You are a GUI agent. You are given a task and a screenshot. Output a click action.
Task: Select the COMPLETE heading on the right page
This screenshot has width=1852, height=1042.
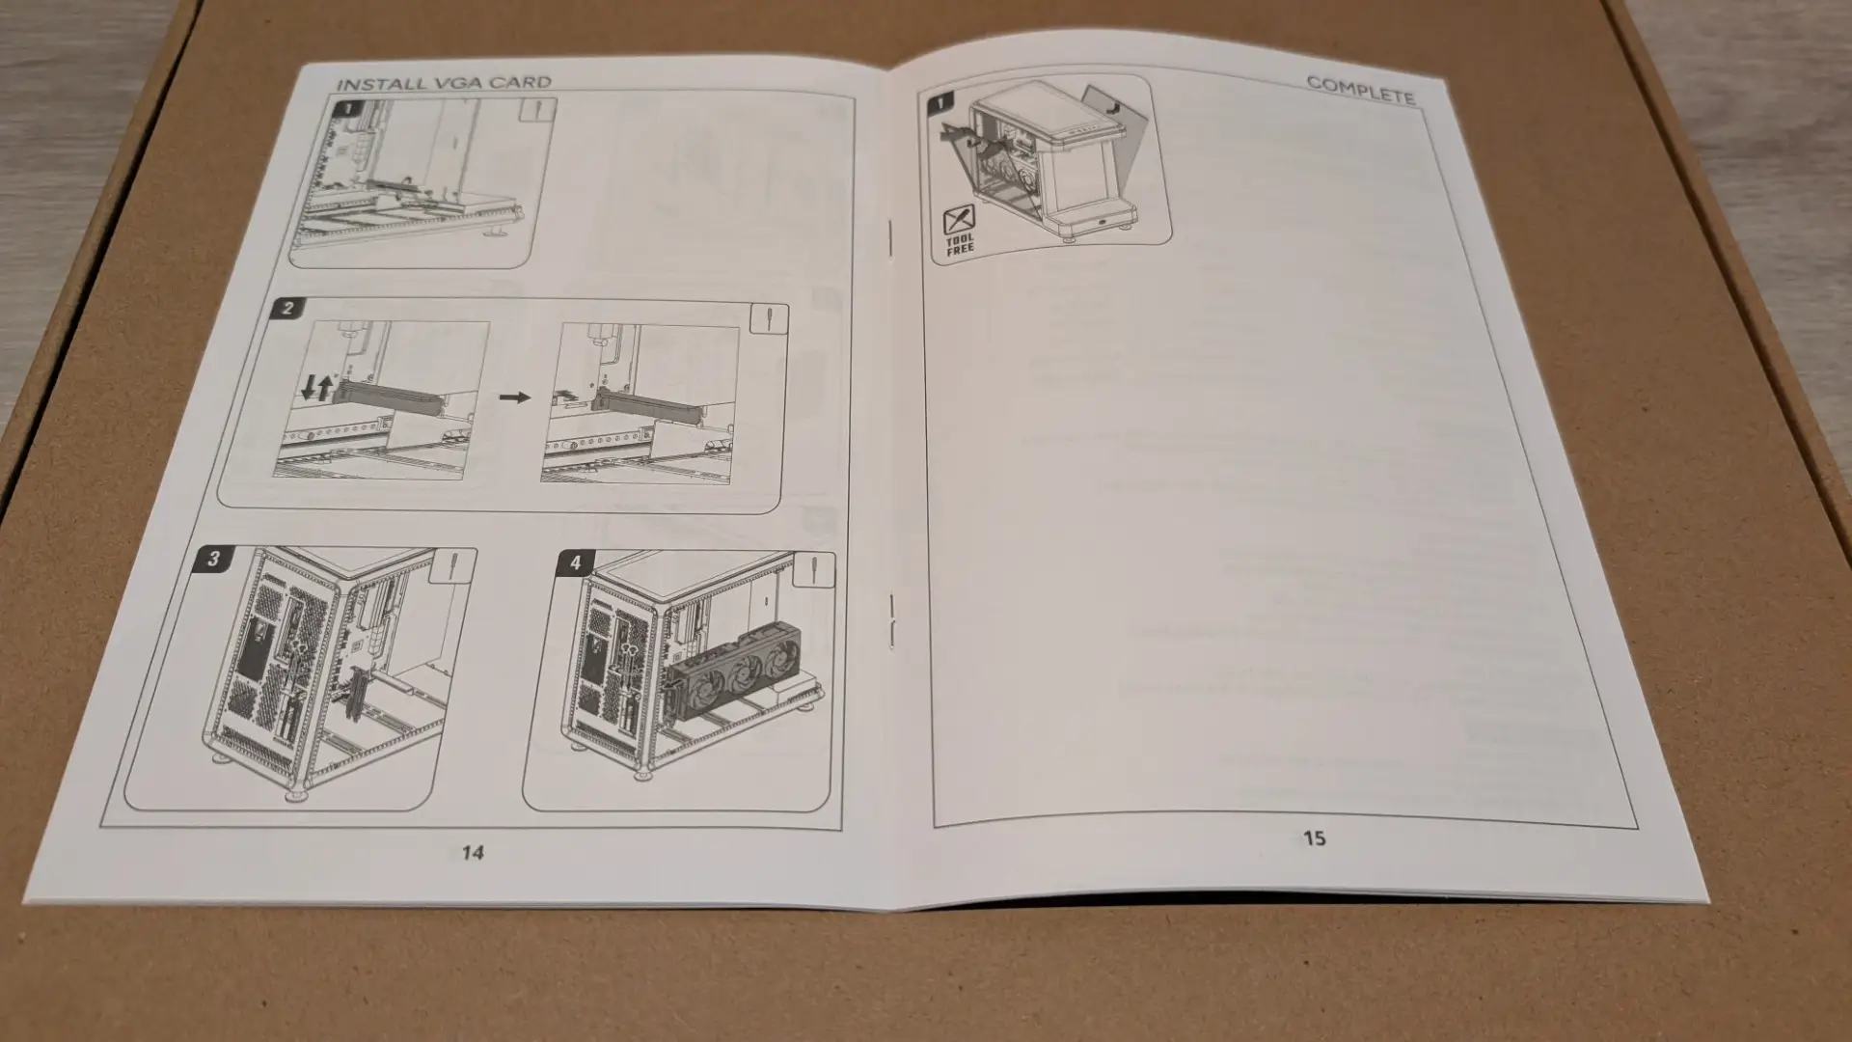pos(1360,90)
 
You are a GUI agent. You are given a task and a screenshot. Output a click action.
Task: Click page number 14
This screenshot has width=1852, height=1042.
pos(473,853)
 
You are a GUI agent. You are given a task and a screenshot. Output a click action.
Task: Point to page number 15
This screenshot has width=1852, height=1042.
pos(1314,838)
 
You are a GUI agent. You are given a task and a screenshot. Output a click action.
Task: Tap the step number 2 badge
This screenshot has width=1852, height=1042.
pos(287,309)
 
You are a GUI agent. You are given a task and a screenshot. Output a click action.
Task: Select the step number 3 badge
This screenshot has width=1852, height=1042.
pos(213,559)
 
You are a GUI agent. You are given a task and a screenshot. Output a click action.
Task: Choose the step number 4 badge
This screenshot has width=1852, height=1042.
pos(576,562)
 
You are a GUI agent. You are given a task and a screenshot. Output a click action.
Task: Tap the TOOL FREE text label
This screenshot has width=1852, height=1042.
pos(960,244)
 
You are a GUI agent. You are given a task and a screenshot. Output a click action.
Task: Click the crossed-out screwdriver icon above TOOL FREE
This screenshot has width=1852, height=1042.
pos(959,219)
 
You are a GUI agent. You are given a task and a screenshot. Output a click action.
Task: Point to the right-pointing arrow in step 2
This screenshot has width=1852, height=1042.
pos(516,397)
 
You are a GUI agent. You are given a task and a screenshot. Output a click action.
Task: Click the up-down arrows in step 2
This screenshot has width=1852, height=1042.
pos(316,389)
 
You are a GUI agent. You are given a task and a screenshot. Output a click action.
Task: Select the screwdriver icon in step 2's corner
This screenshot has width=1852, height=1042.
pos(768,319)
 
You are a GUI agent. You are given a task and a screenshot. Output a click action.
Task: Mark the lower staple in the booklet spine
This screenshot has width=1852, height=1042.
pos(891,618)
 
